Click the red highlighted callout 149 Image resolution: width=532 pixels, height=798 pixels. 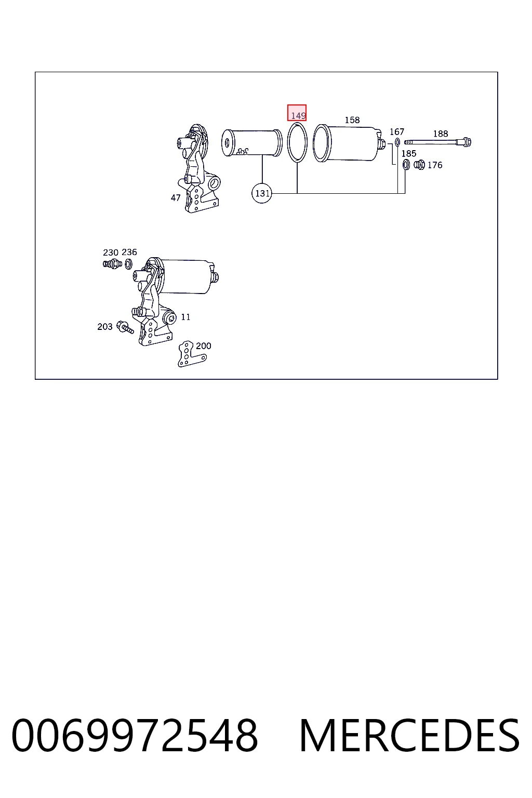pos(297,113)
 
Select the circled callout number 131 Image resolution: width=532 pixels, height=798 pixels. pos(262,193)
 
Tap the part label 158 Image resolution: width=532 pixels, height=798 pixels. pos(352,120)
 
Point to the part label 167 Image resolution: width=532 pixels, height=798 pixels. pos(396,132)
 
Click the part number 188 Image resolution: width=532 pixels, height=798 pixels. pos(441,134)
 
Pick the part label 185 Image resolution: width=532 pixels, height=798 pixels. pos(409,154)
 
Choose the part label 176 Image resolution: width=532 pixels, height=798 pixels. pos(435,165)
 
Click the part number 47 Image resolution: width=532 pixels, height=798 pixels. pos(176,198)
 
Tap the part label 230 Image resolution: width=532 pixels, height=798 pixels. pos(111,252)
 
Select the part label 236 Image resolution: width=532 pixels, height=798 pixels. pos(129,252)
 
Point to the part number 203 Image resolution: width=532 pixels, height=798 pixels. pos(105,327)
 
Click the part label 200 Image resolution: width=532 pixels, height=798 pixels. pos(204,346)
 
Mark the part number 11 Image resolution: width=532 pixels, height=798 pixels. pos(185,317)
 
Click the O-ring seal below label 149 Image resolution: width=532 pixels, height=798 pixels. pos(288,142)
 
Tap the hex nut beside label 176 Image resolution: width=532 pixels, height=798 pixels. pos(419,165)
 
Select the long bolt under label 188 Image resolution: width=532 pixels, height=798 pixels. pos(438,142)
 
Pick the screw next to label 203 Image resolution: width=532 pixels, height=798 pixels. pos(125,327)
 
